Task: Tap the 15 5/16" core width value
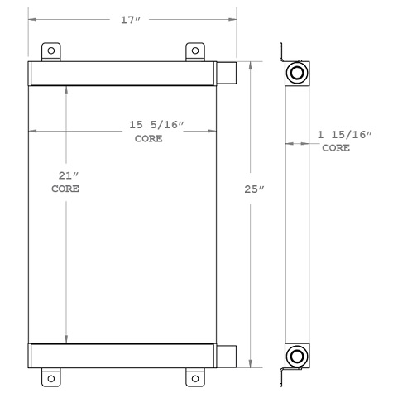156,125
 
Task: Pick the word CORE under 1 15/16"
335,148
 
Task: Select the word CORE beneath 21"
65,189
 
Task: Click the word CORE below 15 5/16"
148,139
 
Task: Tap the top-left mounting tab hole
52,50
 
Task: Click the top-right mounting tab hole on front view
194,50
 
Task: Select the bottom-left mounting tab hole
52,378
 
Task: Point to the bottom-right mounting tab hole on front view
194,378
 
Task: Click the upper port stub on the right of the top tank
228,73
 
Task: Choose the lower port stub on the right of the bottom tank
228,356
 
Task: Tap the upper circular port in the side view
295,74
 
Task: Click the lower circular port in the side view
295,357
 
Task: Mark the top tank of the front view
124,73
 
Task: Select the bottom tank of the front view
124,356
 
